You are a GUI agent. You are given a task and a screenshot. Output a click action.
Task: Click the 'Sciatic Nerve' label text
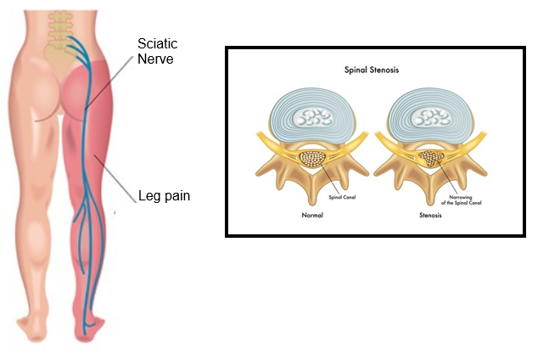157,51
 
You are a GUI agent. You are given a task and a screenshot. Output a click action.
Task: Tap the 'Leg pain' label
164,195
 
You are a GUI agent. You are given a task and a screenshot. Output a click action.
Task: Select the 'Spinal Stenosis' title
372,70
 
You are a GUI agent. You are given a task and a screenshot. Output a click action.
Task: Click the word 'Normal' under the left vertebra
312,215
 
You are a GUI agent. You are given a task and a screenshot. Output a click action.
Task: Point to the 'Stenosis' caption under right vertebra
430,215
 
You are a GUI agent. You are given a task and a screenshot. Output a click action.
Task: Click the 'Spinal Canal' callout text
342,197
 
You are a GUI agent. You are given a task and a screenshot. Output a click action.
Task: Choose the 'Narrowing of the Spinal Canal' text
461,200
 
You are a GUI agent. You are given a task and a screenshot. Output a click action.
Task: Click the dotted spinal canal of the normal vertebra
312,158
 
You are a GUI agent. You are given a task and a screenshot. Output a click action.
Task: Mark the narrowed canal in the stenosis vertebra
431,158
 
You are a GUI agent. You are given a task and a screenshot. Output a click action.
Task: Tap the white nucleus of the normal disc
312,117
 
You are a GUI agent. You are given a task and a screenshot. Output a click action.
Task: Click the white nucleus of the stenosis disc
430,117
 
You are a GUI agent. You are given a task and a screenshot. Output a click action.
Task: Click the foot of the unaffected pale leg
32,329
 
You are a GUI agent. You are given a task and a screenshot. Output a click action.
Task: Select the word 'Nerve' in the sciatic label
155,59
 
